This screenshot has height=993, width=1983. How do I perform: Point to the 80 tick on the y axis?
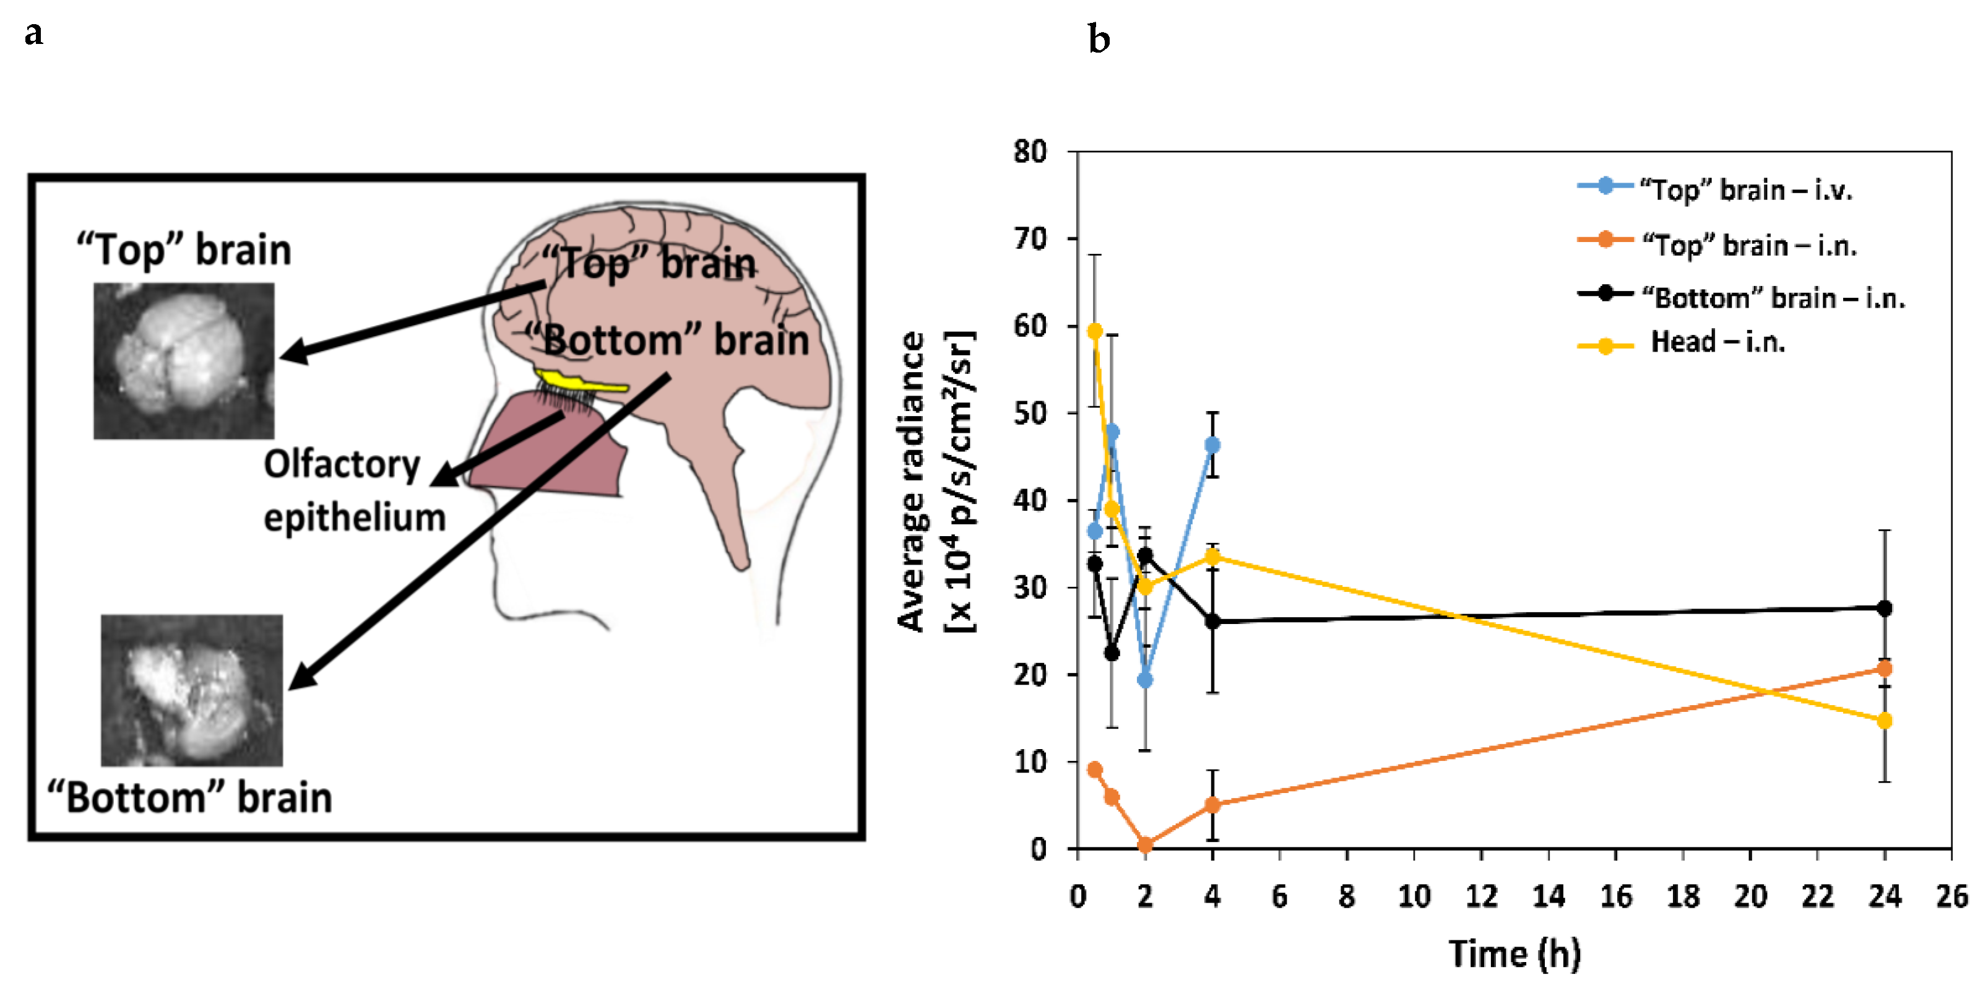(x=1030, y=152)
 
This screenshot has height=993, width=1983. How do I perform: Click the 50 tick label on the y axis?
(x=1030, y=414)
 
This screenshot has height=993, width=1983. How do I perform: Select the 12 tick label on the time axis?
(x=1480, y=896)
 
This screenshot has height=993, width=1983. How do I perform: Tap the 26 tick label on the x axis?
(x=1951, y=896)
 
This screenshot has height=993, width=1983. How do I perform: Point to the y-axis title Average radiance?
(x=913, y=482)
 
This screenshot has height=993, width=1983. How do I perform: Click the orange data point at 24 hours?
(x=1884, y=668)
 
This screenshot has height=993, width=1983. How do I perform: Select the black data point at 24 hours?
(x=1884, y=608)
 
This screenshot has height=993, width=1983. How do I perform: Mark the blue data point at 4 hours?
(x=1212, y=445)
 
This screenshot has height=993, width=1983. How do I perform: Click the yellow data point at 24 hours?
(x=1884, y=721)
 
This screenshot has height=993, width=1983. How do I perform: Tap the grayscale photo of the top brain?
(x=183, y=360)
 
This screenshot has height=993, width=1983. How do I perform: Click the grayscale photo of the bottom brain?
(x=192, y=690)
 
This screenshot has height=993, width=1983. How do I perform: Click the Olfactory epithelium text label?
(x=354, y=490)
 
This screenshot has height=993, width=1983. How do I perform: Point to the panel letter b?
(x=1099, y=38)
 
